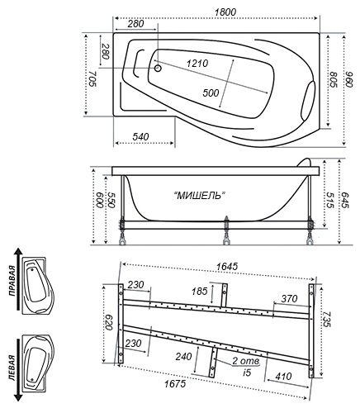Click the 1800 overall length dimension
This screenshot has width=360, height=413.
pyautogui.click(x=225, y=12)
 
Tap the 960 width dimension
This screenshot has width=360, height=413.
pyautogui.click(x=349, y=79)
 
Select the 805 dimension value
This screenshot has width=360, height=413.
pyautogui.click(x=334, y=80)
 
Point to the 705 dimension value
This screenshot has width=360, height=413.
pyautogui.click(x=92, y=78)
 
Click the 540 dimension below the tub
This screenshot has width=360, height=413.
pyautogui.click(x=140, y=136)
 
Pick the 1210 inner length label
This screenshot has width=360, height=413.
pyautogui.click(x=197, y=64)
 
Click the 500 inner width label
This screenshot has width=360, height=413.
pyautogui.click(x=211, y=93)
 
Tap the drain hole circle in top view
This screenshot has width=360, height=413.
pyautogui.click(x=158, y=68)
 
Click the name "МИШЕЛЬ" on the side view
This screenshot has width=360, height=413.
pyautogui.click(x=200, y=196)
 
